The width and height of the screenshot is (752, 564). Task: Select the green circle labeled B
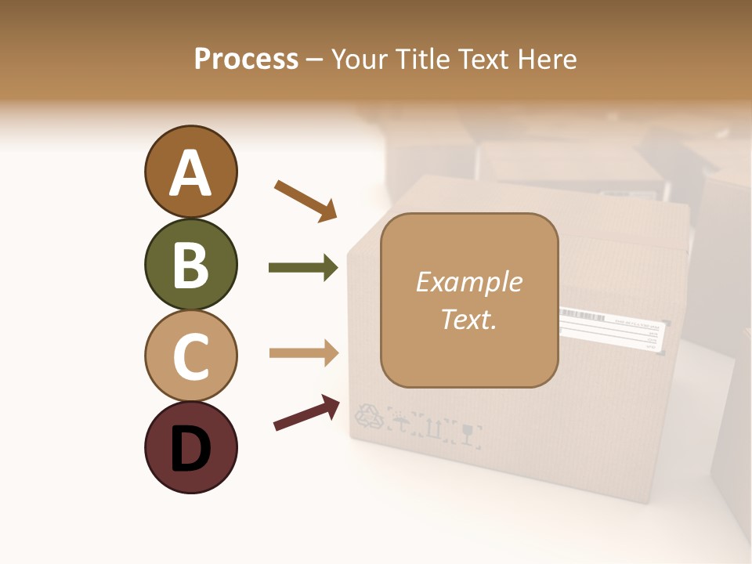pos(190,264)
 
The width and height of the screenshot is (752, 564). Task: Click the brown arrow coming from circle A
pos(305,200)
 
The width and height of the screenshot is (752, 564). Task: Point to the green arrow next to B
pos(303,268)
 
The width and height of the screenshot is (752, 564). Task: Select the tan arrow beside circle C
pos(303,352)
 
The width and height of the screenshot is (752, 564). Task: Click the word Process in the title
pos(246,59)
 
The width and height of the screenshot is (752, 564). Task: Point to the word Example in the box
pos(468,282)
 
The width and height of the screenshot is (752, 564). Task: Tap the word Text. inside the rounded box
pos(468,319)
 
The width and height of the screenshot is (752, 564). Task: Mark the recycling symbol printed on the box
pos(370,416)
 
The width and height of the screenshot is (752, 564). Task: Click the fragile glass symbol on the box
pos(469,432)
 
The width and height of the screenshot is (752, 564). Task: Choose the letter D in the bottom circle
pos(190,450)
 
